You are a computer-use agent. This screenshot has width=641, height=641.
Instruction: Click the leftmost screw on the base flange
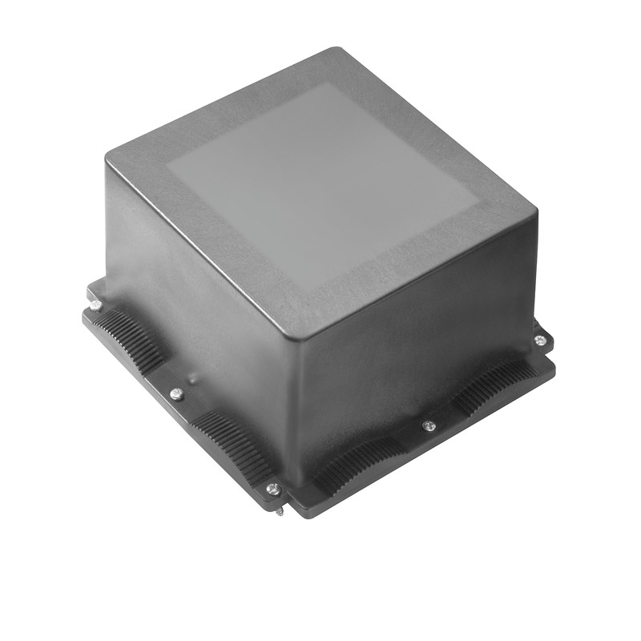[x=95, y=304]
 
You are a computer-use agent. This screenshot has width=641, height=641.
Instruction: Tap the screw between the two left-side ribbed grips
[x=177, y=393]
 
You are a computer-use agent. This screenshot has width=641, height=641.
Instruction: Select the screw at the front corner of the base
[x=272, y=488]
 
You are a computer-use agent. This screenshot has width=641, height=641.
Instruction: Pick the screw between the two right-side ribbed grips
[x=429, y=425]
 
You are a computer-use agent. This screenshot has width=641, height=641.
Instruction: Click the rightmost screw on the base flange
[x=540, y=341]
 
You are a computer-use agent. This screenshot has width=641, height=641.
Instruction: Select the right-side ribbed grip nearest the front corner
[x=357, y=465]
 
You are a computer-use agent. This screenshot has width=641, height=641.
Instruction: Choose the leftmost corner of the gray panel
[x=167, y=167]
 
